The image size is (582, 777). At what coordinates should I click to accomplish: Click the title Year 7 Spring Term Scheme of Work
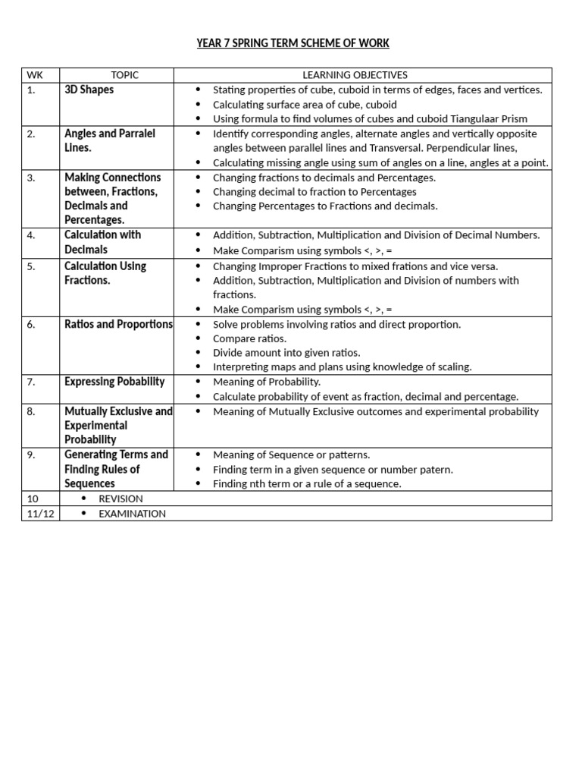tap(293, 43)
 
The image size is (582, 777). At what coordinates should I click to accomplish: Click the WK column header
tap(34, 75)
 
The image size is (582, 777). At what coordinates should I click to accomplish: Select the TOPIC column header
tap(125, 75)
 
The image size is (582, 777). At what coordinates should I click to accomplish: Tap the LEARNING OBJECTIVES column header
tap(355, 75)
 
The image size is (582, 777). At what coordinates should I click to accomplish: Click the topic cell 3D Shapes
tap(89, 90)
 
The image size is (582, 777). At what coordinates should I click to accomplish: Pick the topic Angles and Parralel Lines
tap(109, 140)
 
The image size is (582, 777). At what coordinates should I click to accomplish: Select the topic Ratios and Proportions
tap(118, 324)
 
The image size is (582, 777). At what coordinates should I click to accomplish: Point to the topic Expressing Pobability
tap(114, 382)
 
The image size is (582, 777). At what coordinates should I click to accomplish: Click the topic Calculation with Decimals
tap(102, 242)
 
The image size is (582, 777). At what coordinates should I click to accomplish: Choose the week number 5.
tap(31, 266)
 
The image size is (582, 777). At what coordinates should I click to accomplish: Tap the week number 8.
tap(31, 411)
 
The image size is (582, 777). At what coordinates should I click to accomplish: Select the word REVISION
tap(120, 499)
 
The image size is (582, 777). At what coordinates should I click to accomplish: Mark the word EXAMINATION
tap(132, 514)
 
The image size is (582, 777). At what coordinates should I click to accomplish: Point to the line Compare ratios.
tap(249, 338)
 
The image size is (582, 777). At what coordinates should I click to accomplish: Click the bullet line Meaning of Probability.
tap(267, 382)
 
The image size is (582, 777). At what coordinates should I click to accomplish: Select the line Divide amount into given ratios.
tap(286, 353)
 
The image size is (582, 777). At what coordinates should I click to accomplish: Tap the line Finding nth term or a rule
tap(307, 483)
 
